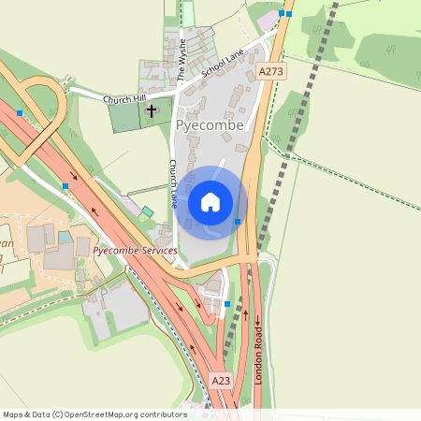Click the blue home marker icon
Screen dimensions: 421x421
(210, 201)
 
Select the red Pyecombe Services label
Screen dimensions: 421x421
(135, 252)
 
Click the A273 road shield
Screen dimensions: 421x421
(270, 71)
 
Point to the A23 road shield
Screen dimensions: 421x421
(221, 381)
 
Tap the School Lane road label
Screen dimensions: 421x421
(222, 69)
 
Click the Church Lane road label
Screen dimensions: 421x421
(173, 182)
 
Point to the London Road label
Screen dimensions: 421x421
(258, 346)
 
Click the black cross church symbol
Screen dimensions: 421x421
(151, 110)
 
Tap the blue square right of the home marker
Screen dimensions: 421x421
(238, 221)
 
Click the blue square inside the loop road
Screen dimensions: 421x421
(20, 113)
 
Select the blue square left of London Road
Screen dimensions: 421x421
(226, 304)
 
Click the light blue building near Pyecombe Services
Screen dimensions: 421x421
(65, 238)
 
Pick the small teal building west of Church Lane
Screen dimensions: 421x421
(147, 212)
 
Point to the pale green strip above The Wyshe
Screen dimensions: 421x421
(187, 14)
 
